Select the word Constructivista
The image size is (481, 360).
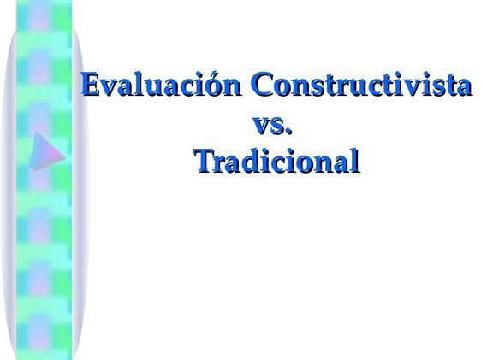tap(359, 86)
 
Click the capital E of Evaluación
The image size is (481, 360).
tap(89, 86)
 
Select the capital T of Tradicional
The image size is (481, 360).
tap(203, 160)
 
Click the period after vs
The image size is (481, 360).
tap(289, 130)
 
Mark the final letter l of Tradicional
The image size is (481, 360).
tap(353, 160)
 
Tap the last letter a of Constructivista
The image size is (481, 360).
tap(463, 88)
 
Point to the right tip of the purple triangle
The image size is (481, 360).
tap(64, 155)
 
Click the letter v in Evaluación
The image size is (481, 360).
tap(105, 88)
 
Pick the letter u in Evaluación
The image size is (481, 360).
tap(145, 88)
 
